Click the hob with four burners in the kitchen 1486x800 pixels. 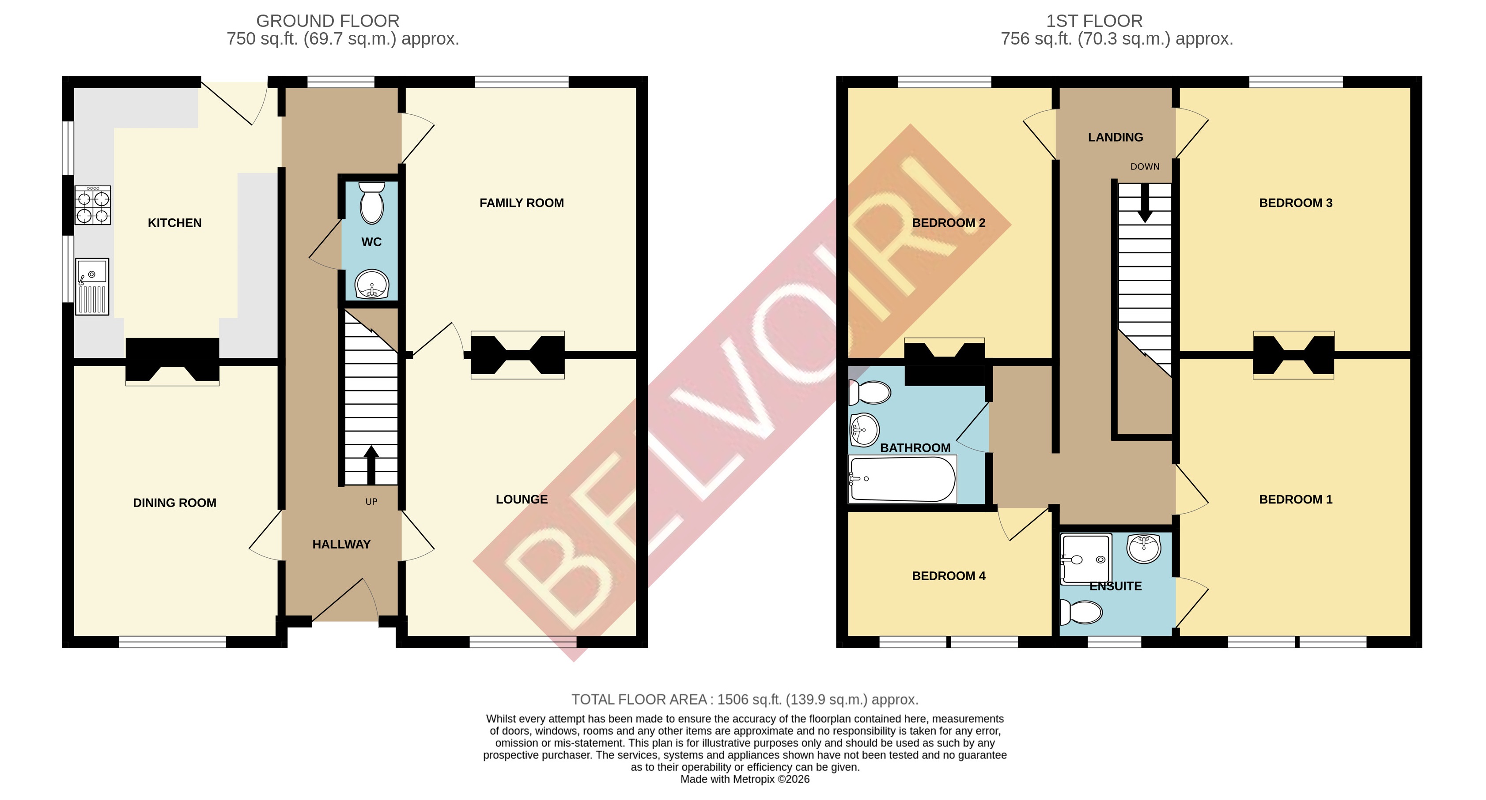(x=92, y=206)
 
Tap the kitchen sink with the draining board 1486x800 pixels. (x=92, y=286)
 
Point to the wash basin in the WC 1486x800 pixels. (x=371, y=284)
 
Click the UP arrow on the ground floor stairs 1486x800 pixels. (x=371, y=465)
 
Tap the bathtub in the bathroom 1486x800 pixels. (x=902, y=479)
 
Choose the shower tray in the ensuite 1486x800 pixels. (x=1085, y=559)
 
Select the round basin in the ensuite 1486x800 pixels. (x=1143, y=548)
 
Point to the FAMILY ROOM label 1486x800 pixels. (x=522, y=203)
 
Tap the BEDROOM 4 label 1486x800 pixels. (x=949, y=576)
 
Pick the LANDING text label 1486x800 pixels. (x=1115, y=137)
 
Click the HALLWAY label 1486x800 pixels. (x=341, y=544)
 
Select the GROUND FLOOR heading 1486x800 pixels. (x=328, y=21)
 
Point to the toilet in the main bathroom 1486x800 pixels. (x=870, y=393)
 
